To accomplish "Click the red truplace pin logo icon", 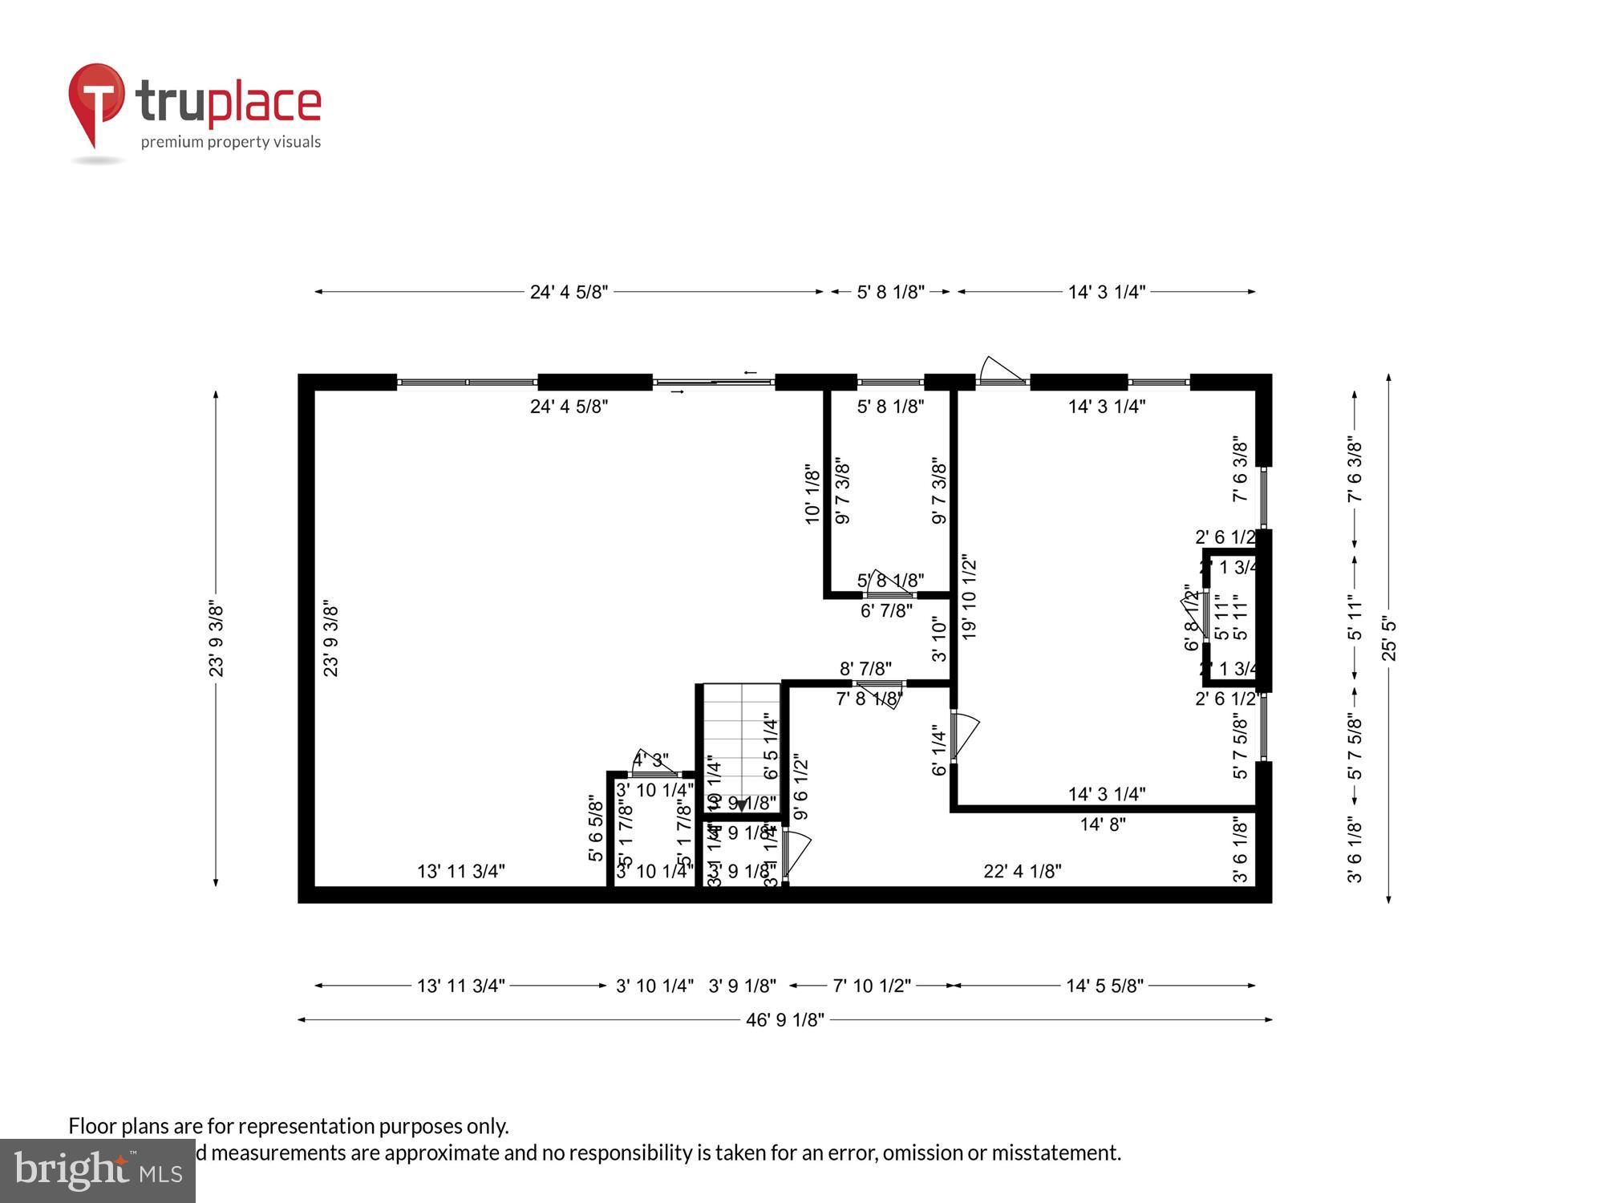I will pos(96,100).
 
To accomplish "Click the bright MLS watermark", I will pos(97,1171).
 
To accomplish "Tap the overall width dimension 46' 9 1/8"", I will pos(784,1020).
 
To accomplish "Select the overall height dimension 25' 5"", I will pos(1389,638).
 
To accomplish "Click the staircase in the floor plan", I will pos(742,746).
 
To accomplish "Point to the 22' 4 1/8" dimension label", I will pos(1023,871).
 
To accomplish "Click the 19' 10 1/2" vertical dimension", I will pos(970,597).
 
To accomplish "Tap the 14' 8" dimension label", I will pos(1103,824).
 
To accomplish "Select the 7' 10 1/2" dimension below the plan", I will pos(872,986).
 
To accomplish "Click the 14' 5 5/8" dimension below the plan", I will pos(1104,986).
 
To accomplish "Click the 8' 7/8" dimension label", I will pos(865,669).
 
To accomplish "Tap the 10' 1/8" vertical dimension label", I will pos(812,493).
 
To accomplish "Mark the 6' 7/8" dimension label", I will pos(886,611).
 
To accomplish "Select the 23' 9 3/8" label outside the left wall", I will pos(217,639).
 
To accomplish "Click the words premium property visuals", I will pos(231,142).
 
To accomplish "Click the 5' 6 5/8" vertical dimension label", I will pos(596,828).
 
